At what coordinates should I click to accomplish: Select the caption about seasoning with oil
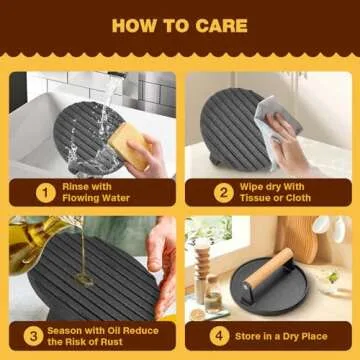[100, 335]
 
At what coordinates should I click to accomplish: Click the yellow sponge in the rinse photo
[129, 144]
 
